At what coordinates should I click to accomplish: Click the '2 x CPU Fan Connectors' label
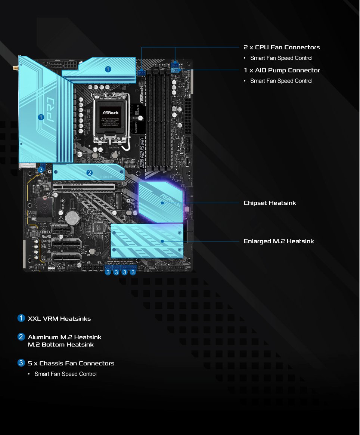pyautogui.click(x=282, y=47)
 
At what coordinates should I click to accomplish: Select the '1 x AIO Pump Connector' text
pyautogui.click(x=282, y=70)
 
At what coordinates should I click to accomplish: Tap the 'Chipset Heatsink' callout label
pyautogui.click(x=270, y=203)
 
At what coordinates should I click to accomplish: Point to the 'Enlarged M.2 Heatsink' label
pyautogui.click(x=279, y=241)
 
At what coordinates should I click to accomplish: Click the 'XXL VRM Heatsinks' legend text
pyautogui.click(x=59, y=319)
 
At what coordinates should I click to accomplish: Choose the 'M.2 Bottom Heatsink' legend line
pyautogui.click(x=60, y=345)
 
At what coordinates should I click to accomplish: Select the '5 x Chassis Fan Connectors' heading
pyautogui.click(x=71, y=363)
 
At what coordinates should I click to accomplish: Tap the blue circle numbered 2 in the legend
pyautogui.click(x=21, y=337)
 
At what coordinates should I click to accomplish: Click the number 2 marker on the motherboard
pyautogui.click(x=89, y=173)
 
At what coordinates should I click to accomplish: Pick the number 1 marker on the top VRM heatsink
pyautogui.click(x=108, y=69)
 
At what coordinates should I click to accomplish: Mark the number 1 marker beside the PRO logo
pyautogui.click(x=41, y=117)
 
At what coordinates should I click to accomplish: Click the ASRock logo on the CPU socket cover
pyautogui.click(x=110, y=112)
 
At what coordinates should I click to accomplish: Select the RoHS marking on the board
pyautogui.click(x=46, y=236)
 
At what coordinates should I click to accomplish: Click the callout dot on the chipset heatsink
pyautogui.click(x=162, y=203)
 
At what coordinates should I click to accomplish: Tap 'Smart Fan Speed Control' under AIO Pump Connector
pyautogui.click(x=281, y=81)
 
